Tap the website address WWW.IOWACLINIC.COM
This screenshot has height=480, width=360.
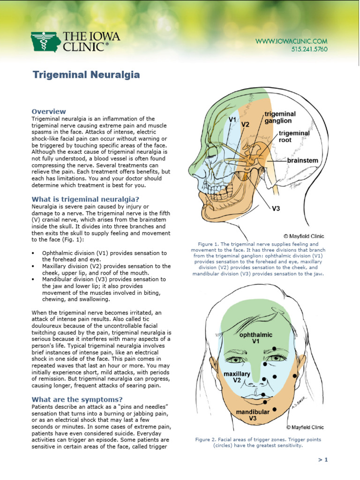click(291, 41)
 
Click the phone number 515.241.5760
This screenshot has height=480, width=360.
click(309, 49)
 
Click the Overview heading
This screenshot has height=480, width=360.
click(49, 112)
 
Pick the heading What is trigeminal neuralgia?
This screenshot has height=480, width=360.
click(85, 199)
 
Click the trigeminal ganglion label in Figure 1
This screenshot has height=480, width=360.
click(280, 117)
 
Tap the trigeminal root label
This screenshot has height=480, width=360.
click(294, 136)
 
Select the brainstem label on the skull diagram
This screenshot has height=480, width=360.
click(302, 160)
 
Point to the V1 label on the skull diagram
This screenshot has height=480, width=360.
click(232, 120)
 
